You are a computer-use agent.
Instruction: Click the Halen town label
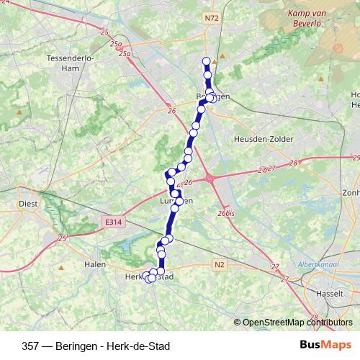(95, 264)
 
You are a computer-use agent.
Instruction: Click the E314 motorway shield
(111, 224)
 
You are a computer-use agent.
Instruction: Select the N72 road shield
(211, 17)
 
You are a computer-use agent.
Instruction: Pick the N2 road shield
(220, 266)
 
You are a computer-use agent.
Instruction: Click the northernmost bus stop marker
(206, 61)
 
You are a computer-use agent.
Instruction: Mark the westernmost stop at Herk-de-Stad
(147, 276)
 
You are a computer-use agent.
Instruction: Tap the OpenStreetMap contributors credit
(295, 323)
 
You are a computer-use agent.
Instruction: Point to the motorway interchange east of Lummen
(210, 177)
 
